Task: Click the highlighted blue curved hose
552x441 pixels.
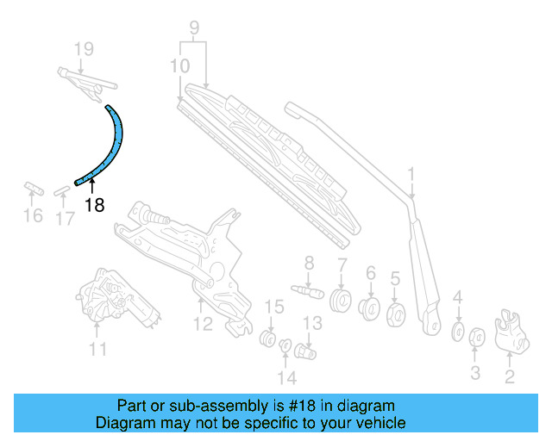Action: (x=116, y=146)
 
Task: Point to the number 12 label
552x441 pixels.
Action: (x=202, y=325)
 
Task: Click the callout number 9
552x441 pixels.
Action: (x=195, y=28)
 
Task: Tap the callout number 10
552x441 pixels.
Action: (x=180, y=65)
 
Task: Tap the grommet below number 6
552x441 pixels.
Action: (x=371, y=307)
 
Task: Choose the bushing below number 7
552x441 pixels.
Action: (x=342, y=301)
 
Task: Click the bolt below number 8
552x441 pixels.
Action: (x=310, y=290)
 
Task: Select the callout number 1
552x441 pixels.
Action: (x=412, y=177)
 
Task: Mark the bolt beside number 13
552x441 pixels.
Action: (x=306, y=351)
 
